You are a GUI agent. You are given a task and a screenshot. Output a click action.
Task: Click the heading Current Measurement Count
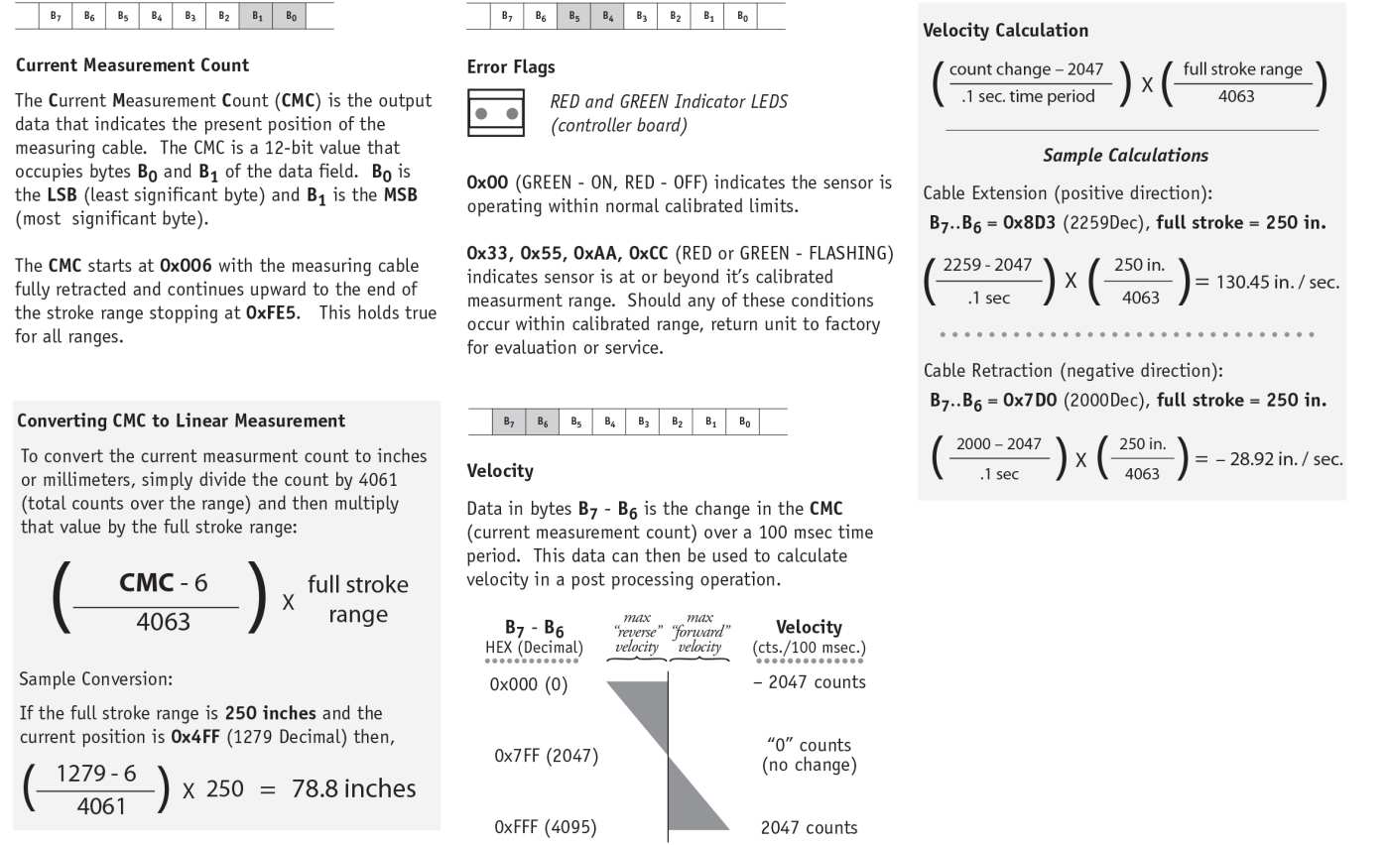click(x=133, y=65)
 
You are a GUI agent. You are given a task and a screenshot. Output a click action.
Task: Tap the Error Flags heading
click(x=511, y=67)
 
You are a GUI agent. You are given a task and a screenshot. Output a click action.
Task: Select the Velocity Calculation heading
click(x=1005, y=31)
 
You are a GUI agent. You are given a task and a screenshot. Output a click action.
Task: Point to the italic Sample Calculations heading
click(x=1125, y=156)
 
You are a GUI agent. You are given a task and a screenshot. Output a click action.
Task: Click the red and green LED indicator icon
click(x=495, y=113)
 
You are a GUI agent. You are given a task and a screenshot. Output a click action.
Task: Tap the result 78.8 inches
click(x=353, y=789)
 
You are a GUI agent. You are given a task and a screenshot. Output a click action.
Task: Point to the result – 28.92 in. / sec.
click(x=1280, y=459)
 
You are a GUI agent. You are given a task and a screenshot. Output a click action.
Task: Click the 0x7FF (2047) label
click(x=546, y=756)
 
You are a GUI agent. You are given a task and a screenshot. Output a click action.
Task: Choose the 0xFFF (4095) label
click(x=546, y=827)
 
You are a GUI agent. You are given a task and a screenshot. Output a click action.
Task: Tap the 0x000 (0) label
click(x=529, y=684)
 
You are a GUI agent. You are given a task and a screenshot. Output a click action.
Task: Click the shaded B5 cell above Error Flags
click(x=573, y=17)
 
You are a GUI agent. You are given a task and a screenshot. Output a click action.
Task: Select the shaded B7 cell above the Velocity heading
click(x=509, y=422)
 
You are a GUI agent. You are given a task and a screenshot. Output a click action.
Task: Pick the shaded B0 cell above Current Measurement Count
click(x=290, y=17)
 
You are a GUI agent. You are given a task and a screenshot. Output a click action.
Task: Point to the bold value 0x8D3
click(x=1031, y=223)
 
